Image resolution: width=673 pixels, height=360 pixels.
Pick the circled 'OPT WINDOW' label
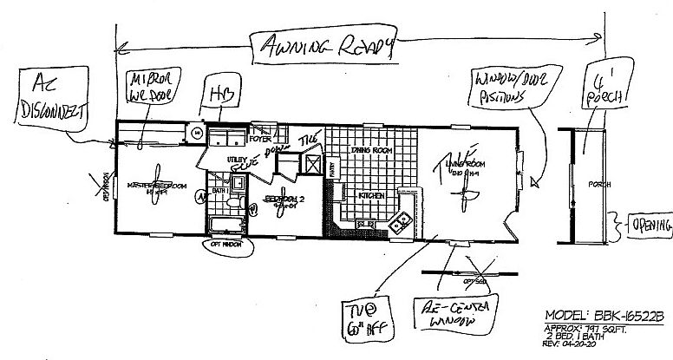click(x=226, y=244)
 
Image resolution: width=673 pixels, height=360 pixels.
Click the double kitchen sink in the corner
click(x=400, y=221)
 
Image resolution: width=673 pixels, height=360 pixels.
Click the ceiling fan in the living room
click(x=467, y=186)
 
